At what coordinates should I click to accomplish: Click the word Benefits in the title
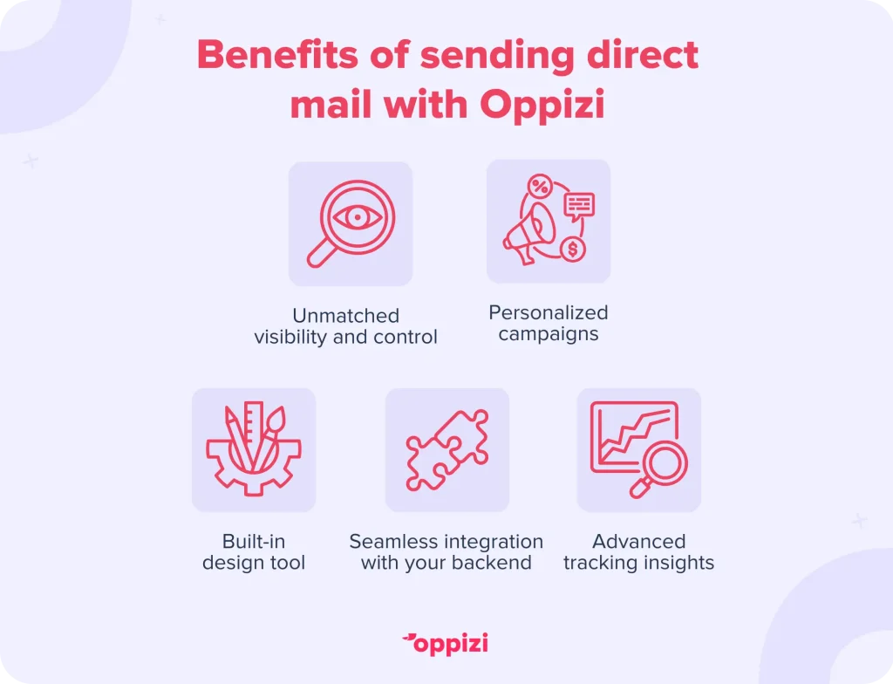coord(278,55)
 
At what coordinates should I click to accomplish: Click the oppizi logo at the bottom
coord(446,644)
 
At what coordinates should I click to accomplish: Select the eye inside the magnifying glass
coord(357,217)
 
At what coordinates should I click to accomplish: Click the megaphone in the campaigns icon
coord(528,234)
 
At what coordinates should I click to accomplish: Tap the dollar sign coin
coord(573,250)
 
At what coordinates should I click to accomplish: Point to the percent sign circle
coord(540,187)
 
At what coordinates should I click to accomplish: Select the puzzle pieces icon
coord(447,450)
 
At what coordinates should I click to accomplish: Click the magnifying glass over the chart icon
coord(659,469)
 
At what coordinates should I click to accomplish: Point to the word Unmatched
coord(345,316)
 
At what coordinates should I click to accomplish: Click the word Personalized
coord(549,312)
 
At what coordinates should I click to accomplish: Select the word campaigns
coord(549,334)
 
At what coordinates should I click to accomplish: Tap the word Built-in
coord(254,541)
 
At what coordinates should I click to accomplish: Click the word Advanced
coord(639,541)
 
